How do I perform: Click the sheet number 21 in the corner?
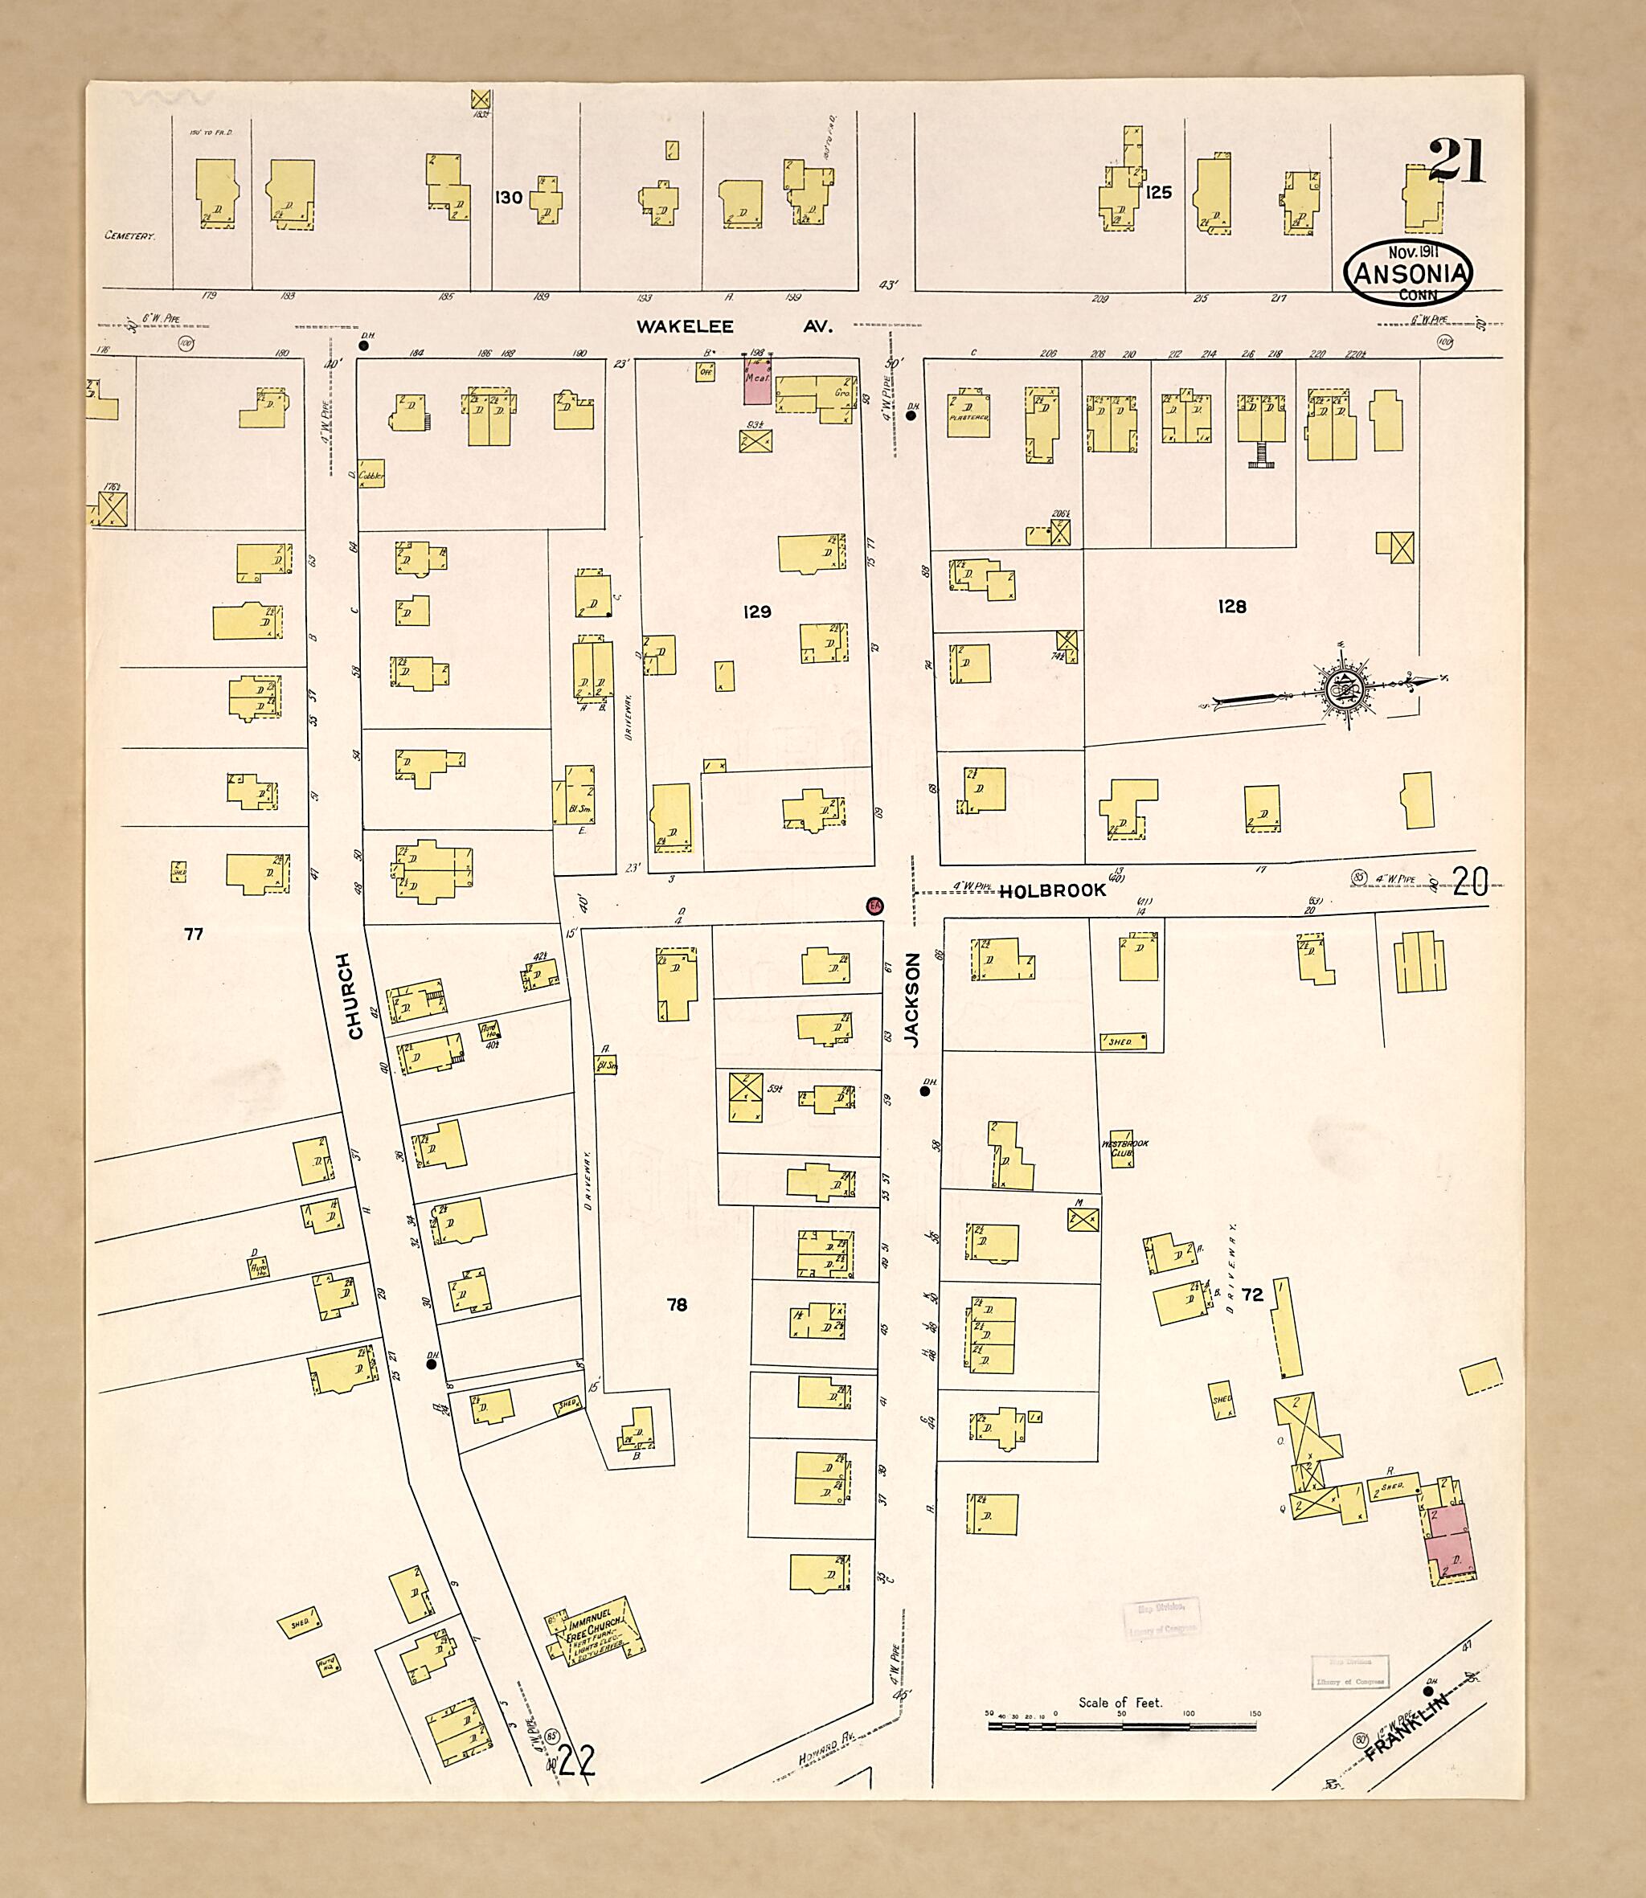[1457, 162]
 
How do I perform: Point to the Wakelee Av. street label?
[735, 326]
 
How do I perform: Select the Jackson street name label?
[911, 1000]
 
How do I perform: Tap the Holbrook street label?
[1053, 890]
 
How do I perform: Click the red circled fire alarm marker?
[874, 906]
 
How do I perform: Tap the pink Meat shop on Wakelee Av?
[757, 380]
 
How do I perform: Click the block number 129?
[757, 612]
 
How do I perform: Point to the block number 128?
[1232, 606]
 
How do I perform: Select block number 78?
[676, 1304]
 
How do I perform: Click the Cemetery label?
[129, 236]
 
